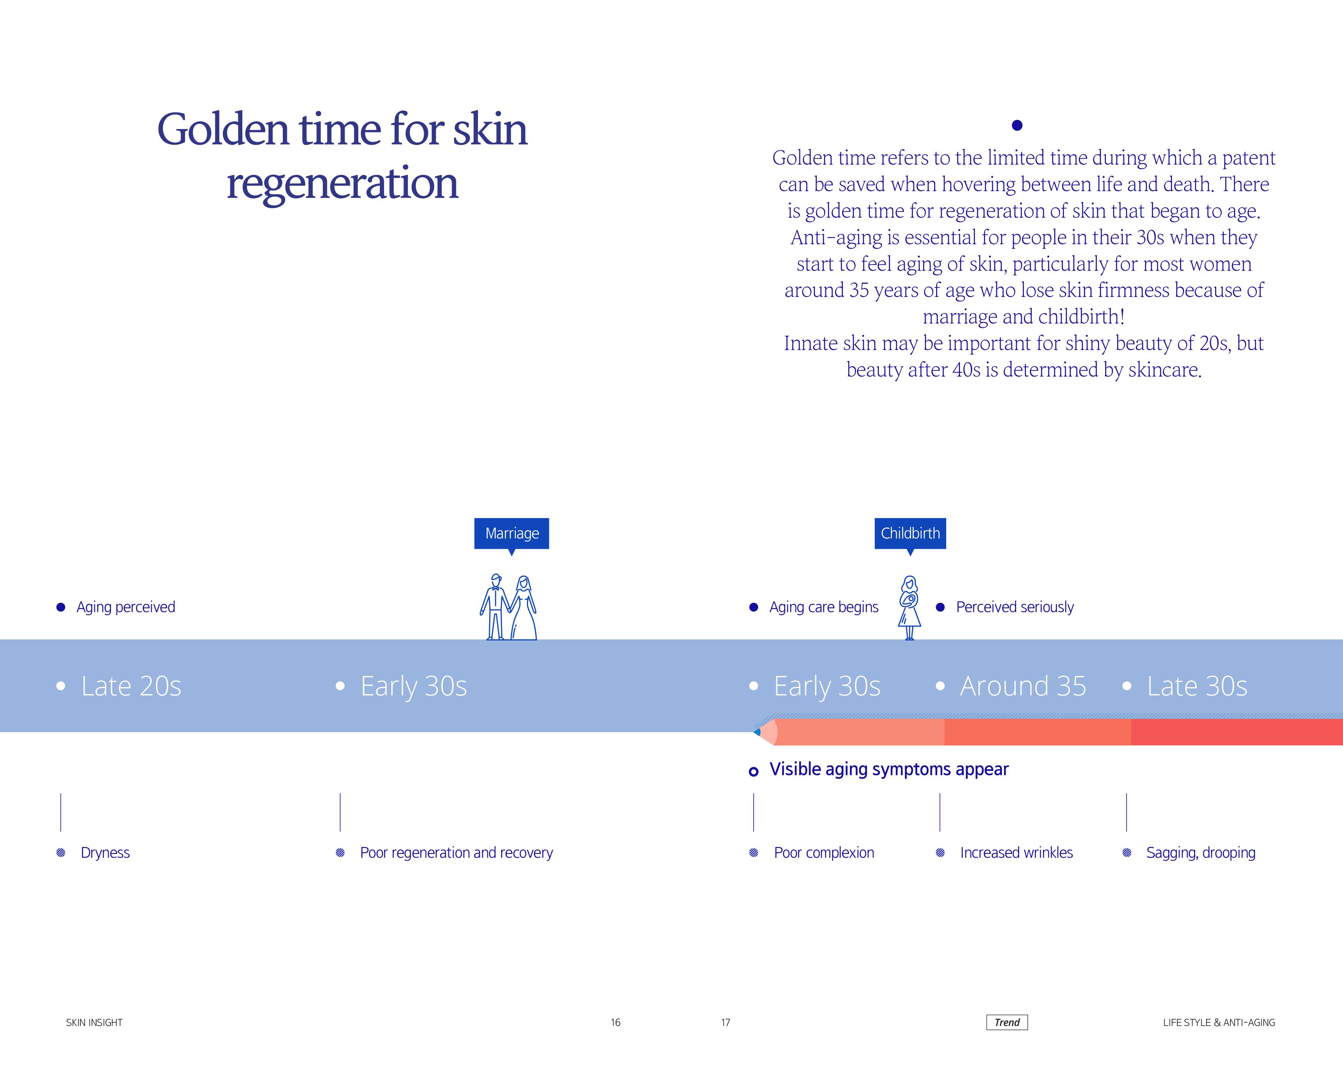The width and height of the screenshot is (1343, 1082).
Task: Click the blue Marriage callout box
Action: pyautogui.click(x=511, y=534)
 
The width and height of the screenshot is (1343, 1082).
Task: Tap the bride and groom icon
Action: pyautogui.click(x=509, y=608)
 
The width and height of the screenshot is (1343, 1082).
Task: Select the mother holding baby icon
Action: pyautogui.click(x=910, y=608)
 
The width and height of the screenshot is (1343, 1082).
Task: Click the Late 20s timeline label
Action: pyautogui.click(x=131, y=686)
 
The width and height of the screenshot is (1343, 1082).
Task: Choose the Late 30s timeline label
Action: pyautogui.click(x=1197, y=686)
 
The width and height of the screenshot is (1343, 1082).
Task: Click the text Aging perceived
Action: pyautogui.click(x=126, y=607)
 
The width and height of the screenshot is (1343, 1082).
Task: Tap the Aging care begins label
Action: pyautogui.click(x=824, y=607)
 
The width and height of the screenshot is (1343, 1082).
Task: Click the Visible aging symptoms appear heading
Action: pyautogui.click(x=889, y=769)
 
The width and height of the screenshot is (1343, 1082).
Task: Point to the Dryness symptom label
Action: pyautogui.click(x=105, y=853)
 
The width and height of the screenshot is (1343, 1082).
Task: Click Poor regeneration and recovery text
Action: pyautogui.click(x=456, y=853)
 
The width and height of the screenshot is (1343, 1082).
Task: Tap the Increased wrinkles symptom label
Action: pyautogui.click(x=1016, y=853)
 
